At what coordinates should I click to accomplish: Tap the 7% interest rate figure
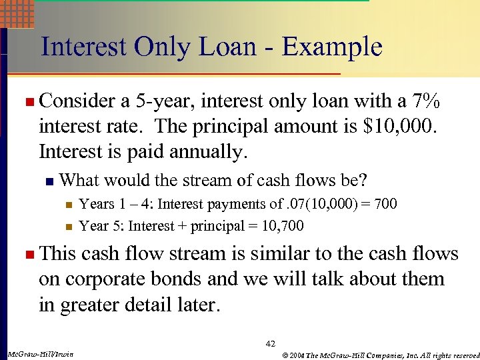[425, 102]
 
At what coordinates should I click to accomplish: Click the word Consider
[77, 102]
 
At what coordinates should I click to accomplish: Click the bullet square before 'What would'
[48, 181]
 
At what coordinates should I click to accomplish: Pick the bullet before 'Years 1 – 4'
[68, 204]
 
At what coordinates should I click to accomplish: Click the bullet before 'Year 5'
[68, 227]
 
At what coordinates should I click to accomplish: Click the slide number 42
[270, 344]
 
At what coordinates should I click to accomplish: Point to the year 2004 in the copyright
[295, 353]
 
